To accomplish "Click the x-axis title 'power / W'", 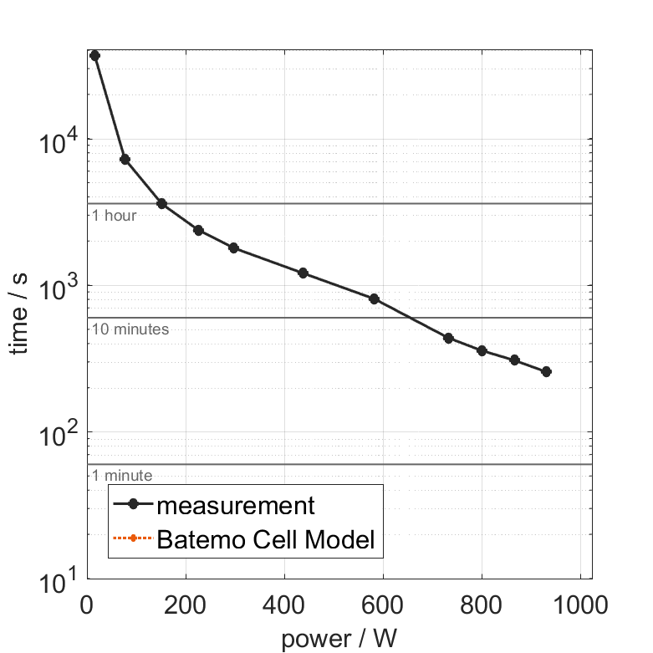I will tap(339, 639).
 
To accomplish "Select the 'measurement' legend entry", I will tap(236, 505).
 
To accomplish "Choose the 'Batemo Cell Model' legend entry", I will tap(267, 539).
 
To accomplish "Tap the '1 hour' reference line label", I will tap(114, 216).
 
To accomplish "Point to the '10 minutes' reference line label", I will tap(130, 329).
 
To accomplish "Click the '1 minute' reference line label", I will tap(121, 476).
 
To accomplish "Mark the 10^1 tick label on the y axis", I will tap(57, 579).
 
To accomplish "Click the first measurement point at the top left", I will tap(94, 55).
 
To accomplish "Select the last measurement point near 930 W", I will tap(546, 371).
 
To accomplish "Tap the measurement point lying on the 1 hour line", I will tap(161, 203).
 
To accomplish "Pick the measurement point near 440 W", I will tap(303, 273).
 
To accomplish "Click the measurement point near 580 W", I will tap(374, 298).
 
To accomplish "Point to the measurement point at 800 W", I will tap(482, 350).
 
